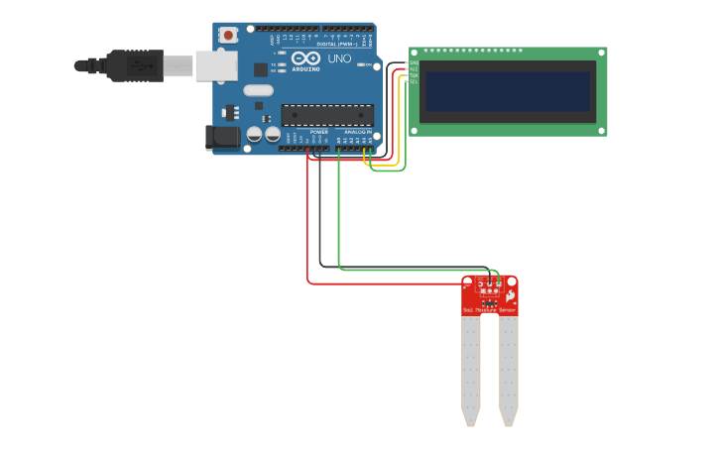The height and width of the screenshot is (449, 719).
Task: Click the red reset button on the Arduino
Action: point(228,35)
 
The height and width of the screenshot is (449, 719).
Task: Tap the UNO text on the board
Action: point(339,59)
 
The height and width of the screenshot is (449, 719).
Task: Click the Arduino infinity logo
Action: point(305,59)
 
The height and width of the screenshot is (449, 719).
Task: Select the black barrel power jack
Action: point(222,138)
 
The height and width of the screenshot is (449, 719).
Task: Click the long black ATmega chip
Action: point(327,115)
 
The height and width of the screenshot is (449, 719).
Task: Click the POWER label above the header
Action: point(319,132)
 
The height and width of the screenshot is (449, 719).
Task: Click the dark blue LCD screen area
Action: point(507,91)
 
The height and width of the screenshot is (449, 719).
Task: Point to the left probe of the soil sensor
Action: point(470,367)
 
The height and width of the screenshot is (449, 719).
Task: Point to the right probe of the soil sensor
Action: point(508,367)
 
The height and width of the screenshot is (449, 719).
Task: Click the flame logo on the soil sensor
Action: point(510,295)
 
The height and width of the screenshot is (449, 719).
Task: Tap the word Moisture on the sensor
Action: point(487,311)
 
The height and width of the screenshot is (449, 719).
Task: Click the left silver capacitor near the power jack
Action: point(255,133)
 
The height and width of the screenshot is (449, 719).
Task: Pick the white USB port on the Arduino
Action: point(215,65)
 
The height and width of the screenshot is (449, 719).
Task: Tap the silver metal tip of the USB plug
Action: point(179,65)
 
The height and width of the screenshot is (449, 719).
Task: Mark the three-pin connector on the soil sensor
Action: point(489,285)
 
